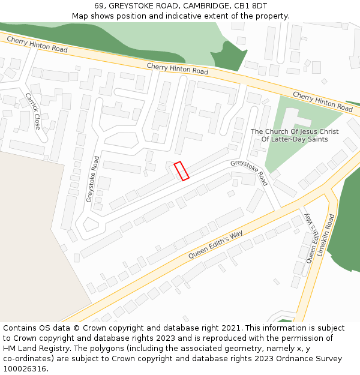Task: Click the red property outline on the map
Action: [x=181, y=171]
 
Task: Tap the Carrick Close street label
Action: [x=32, y=111]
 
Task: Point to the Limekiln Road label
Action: [x=325, y=236]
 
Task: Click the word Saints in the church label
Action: [x=316, y=139]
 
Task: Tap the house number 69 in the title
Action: [x=99, y=6]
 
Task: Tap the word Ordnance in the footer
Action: [x=292, y=359]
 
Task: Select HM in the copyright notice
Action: [x=10, y=349]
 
